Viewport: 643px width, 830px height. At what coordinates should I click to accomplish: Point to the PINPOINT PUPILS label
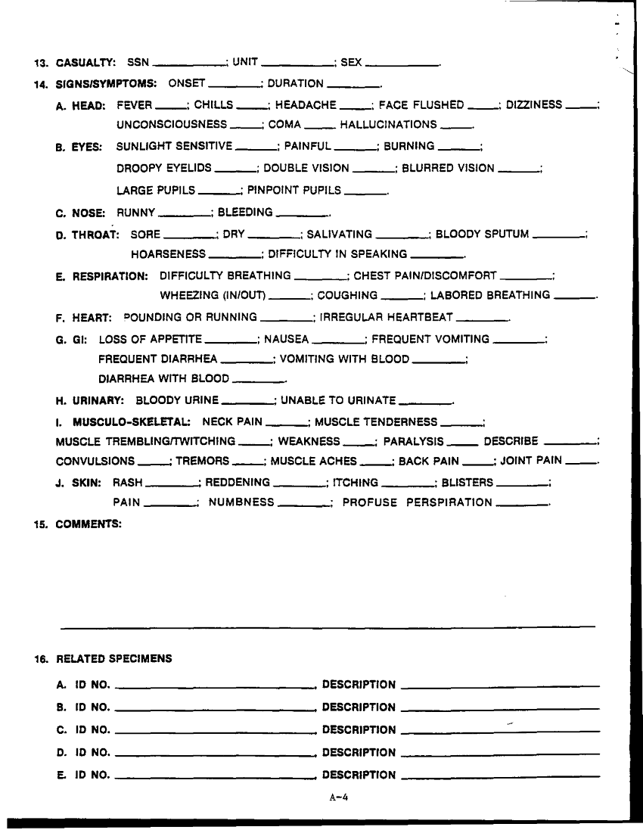tap(294, 191)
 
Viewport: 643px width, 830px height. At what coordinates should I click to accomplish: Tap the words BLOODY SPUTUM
tap(482, 235)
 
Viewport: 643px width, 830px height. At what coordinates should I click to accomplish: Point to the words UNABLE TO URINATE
tap(338, 399)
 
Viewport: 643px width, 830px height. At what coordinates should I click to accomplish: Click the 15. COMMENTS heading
tap(78, 524)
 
